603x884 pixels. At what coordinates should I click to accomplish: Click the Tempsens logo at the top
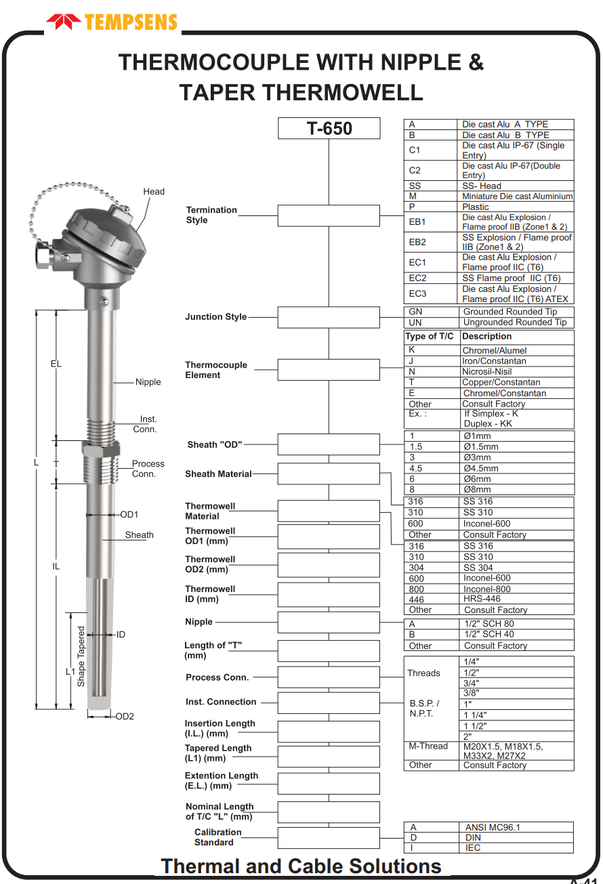coord(112,22)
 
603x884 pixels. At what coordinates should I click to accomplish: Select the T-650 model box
coord(329,128)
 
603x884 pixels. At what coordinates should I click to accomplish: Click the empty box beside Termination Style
coord(329,215)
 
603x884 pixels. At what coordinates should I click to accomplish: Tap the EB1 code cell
coord(417,222)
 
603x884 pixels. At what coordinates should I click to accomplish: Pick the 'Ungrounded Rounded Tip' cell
coord(515,322)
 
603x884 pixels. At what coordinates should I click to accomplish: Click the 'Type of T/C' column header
coord(430,337)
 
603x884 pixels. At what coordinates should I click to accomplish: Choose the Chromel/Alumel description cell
coord(494,350)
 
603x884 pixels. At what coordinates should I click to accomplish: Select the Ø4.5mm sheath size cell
coord(481,468)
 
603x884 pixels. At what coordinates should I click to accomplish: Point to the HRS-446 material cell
coord(482,599)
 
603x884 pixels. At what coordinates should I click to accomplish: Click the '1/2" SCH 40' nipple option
coord(489,635)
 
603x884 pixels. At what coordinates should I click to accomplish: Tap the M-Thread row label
coord(428,746)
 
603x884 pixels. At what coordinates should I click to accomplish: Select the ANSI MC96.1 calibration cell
coord(493,827)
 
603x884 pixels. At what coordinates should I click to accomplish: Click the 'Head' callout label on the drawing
coord(154,192)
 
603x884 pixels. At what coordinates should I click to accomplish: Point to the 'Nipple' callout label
coord(148,382)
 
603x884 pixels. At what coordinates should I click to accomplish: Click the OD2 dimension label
coord(125,716)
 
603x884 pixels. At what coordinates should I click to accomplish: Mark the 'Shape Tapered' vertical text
coord(81,656)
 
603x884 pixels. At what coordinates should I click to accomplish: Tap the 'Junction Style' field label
coord(216,317)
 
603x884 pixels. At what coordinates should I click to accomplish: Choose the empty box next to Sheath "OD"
coord(329,444)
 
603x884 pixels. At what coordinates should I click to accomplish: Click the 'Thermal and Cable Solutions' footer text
coord(301,866)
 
